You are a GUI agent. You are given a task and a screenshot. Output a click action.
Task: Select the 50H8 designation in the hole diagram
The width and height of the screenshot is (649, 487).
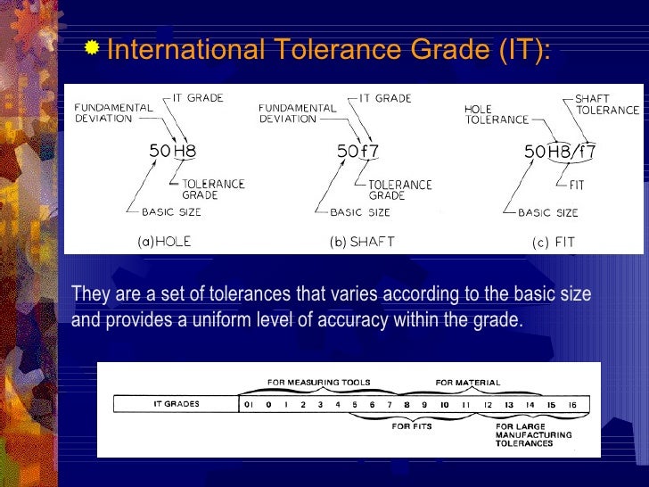172,152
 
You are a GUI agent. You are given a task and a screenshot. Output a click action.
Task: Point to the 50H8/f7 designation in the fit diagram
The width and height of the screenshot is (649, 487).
560,152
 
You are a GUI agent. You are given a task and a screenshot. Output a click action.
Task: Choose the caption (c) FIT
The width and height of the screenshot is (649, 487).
554,242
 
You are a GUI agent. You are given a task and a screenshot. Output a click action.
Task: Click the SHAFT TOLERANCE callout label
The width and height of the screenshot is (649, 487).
606,104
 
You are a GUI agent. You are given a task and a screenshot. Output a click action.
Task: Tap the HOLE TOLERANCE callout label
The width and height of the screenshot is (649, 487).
497,114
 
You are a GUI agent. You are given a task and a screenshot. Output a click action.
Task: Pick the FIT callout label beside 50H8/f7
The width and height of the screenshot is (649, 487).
577,186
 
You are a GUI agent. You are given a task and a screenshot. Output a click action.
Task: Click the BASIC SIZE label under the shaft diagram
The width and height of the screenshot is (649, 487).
360,212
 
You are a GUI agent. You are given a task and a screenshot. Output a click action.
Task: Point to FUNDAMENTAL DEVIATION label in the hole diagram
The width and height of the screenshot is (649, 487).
113,111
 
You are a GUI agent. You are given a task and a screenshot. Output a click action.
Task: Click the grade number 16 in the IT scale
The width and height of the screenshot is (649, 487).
572,404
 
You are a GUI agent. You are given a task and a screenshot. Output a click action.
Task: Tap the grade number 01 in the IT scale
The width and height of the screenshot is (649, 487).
249,404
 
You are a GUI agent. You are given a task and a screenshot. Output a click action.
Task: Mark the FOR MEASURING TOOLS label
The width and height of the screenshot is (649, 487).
319,383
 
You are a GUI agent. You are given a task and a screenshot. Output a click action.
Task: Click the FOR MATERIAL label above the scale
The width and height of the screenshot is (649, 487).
468,383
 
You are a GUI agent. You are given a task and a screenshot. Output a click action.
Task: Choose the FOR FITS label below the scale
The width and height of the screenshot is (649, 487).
413,426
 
